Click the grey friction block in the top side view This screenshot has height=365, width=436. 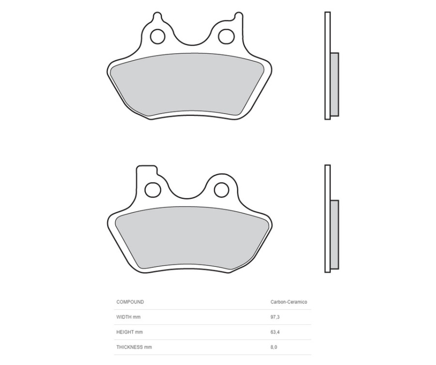(x=334, y=84)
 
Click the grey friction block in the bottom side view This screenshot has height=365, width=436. (x=334, y=235)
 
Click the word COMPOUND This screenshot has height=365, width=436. (x=130, y=302)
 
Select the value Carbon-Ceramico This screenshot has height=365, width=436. (x=288, y=302)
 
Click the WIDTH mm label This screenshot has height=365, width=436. (x=128, y=317)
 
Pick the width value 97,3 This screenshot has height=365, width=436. (x=275, y=317)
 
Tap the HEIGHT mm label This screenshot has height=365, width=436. (x=129, y=332)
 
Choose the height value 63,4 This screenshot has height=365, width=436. (x=275, y=332)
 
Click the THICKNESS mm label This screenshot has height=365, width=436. (x=134, y=347)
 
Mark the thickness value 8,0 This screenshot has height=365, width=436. (x=274, y=347)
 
